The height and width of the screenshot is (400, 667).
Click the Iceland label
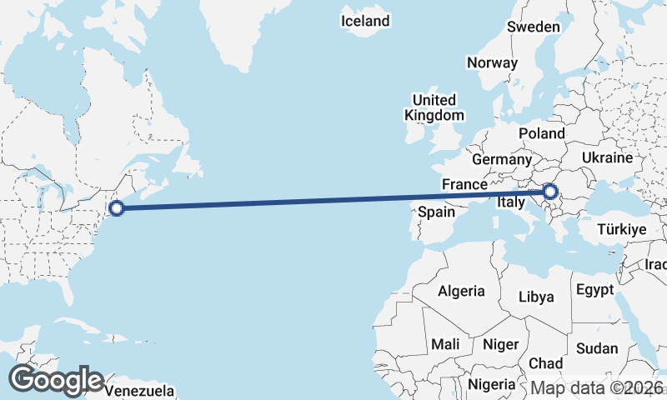(x=365, y=21)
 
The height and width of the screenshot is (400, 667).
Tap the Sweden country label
(x=533, y=27)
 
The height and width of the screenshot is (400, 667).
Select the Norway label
(x=492, y=62)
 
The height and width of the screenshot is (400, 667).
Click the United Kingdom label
(x=434, y=107)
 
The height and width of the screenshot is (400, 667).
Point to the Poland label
(x=541, y=133)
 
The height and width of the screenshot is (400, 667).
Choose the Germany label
(x=501, y=159)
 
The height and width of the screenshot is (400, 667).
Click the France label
(x=464, y=184)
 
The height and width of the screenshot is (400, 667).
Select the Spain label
(x=436, y=212)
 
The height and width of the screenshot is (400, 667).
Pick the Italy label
(x=509, y=202)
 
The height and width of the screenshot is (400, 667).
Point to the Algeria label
(x=461, y=291)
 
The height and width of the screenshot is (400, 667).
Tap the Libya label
(x=536, y=297)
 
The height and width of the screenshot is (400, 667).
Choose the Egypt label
(x=594, y=290)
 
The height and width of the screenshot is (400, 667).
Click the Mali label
(x=445, y=344)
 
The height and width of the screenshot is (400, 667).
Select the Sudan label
(x=597, y=348)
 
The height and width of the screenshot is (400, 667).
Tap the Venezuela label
(x=139, y=390)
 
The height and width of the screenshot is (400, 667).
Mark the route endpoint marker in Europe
(x=549, y=192)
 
